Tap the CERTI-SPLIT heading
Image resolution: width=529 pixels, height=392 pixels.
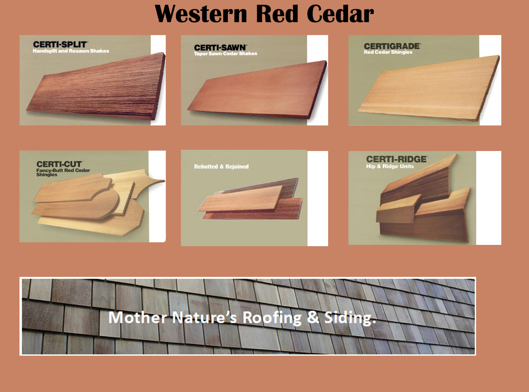pyautogui.click(x=61, y=44)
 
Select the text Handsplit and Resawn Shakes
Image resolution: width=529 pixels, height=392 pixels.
pyautogui.click(x=71, y=51)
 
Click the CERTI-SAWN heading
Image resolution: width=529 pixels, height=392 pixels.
pyautogui.click(x=220, y=47)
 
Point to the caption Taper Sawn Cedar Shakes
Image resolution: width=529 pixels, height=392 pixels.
pyautogui.click(x=226, y=54)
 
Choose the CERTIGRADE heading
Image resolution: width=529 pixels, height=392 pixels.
pyautogui.click(x=392, y=46)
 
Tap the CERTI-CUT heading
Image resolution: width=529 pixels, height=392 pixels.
pyautogui.click(x=59, y=164)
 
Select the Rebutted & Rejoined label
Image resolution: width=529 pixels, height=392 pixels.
pyautogui.click(x=221, y=167)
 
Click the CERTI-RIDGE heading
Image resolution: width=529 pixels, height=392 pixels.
pyautogui.click(x=396, y=159)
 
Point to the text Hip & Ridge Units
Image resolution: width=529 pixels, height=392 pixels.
pyautogui.click(x=390, y=166)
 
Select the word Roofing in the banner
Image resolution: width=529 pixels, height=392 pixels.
pyautogui.click(x=271, y=318)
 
